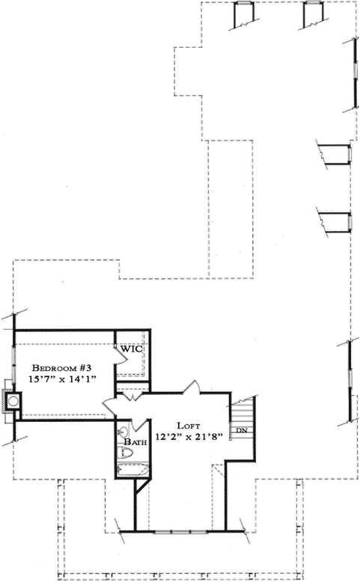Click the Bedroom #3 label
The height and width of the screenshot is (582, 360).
pos(61,368)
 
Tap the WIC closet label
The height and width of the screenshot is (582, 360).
pos(132,349)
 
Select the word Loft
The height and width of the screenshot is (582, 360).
pos(187,425)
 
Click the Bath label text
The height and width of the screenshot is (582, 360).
pos(135,442)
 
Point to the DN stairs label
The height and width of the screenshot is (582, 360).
pos(242,431)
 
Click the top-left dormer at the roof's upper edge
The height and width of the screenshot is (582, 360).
pos(244,13)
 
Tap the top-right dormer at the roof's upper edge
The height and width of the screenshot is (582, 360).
pos(313,13)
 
